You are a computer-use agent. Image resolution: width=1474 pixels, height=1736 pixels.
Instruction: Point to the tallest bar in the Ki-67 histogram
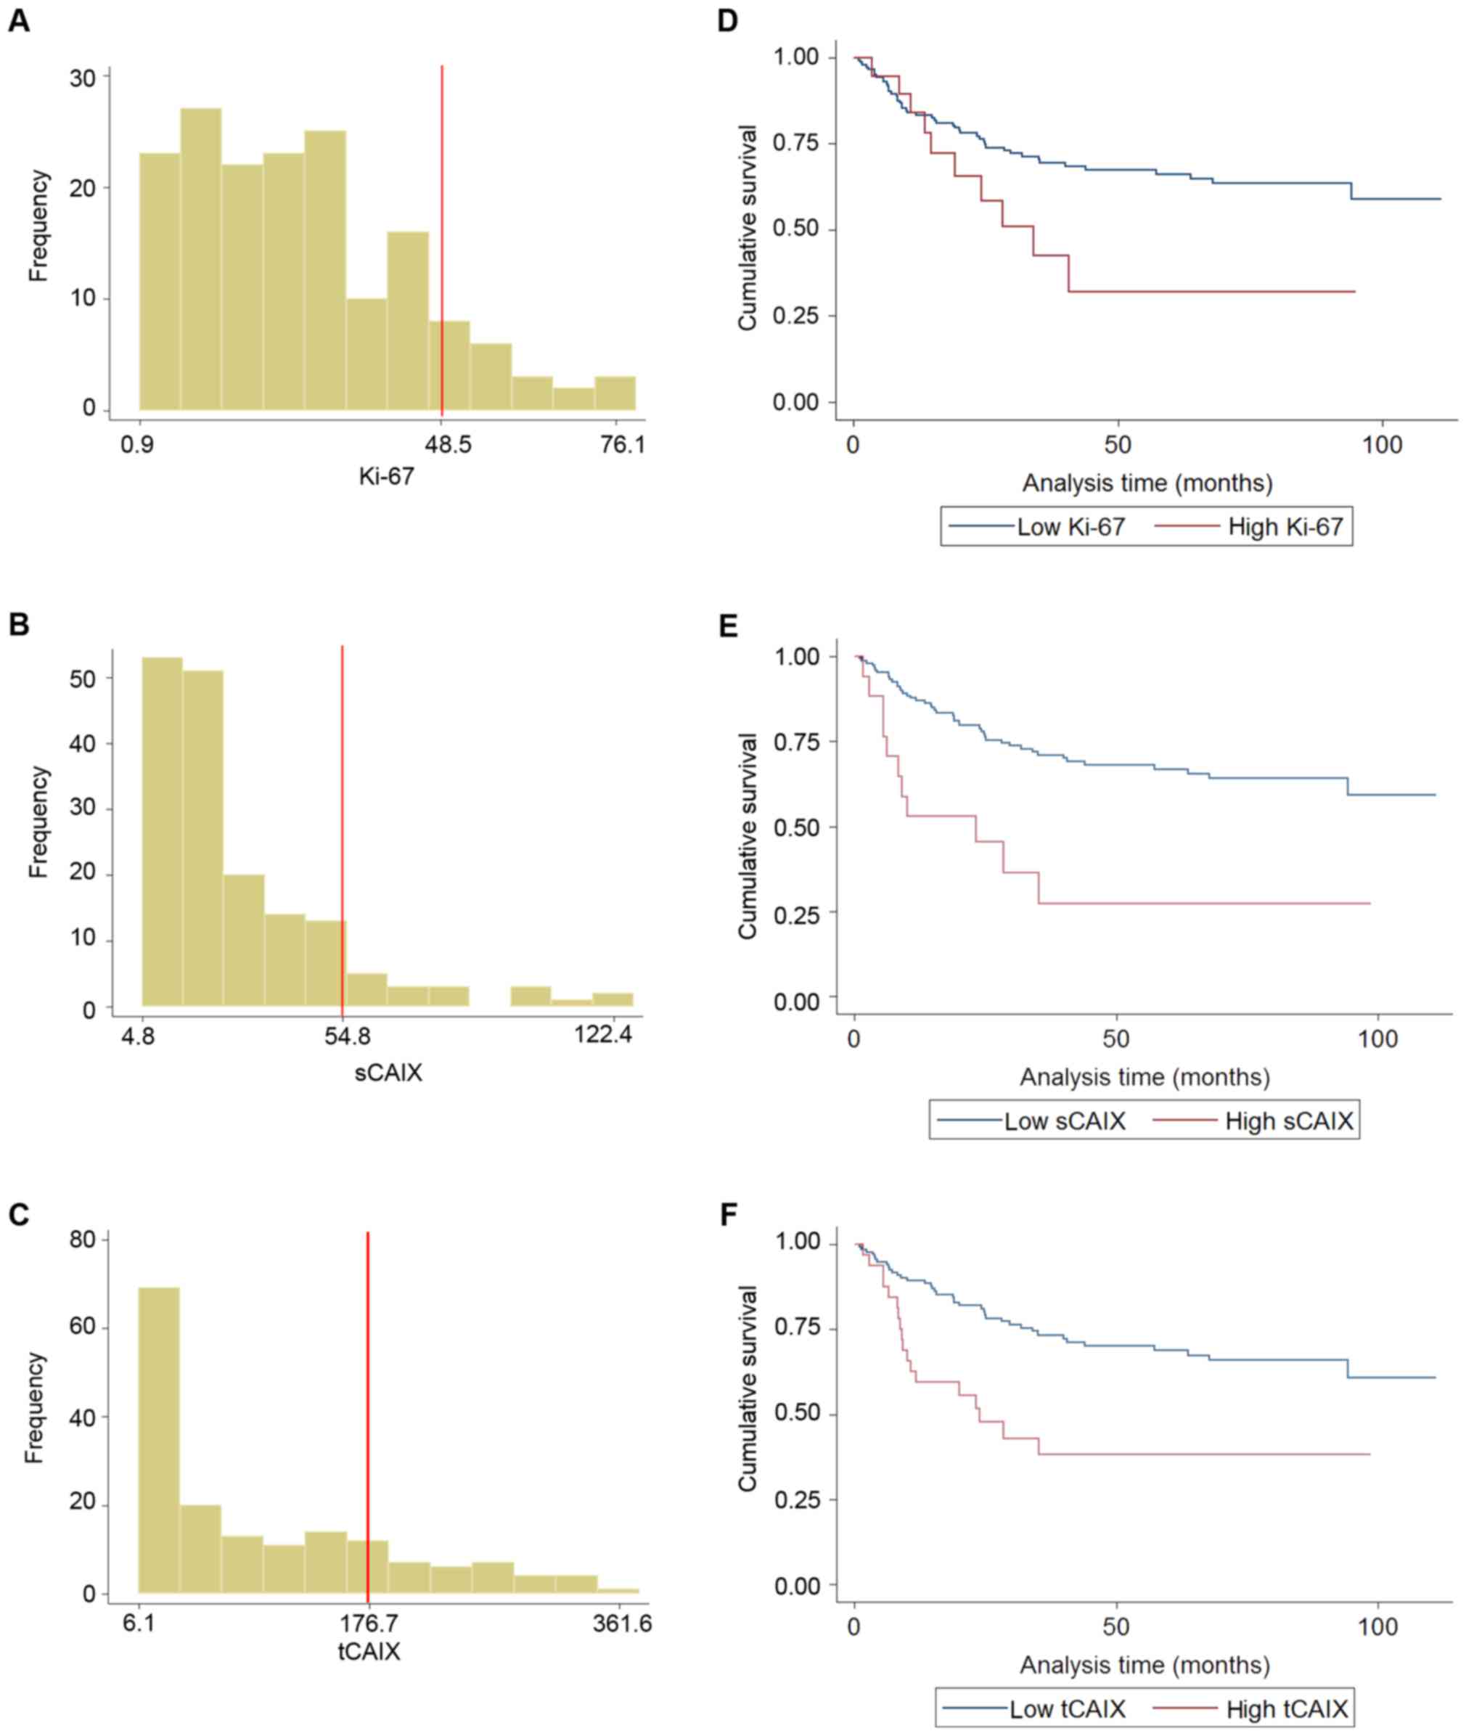[200, 259]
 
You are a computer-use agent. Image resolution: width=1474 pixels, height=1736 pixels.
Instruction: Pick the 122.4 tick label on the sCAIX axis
[603, 1035]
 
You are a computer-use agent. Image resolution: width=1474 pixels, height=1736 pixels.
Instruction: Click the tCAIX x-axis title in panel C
[369, 1651]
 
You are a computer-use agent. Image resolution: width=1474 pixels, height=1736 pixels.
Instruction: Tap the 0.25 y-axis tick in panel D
[795, 316]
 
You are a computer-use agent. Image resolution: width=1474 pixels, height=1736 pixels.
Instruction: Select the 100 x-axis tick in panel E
[1377, 1039]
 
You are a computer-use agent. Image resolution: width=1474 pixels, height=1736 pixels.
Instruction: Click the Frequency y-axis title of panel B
[38, 822]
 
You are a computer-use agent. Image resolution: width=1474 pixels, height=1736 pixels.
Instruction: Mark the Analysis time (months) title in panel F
[1144, 1664]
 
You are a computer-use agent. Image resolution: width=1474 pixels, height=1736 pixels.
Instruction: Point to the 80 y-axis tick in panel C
[82, 1240]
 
